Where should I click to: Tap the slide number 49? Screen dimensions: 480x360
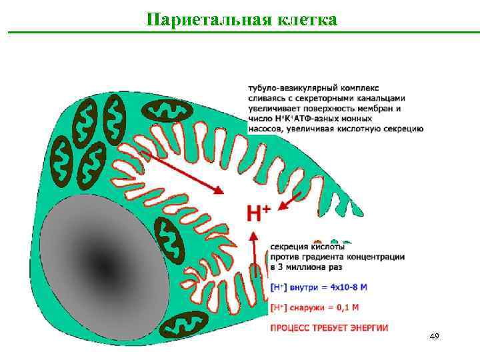click(434, 337)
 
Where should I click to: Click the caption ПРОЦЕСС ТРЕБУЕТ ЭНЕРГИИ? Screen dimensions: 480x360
click(329, 327)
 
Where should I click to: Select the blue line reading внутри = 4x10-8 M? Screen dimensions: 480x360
click(319, 287)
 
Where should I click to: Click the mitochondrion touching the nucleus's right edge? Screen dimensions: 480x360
click(171, 240)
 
